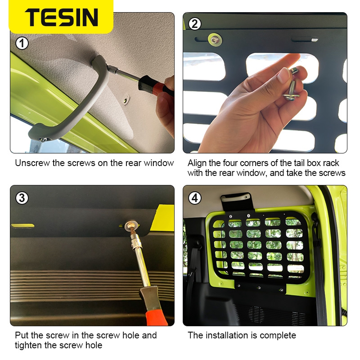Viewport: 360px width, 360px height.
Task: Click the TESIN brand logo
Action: [x=62, y=17]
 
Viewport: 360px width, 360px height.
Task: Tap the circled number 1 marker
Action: [x=22, y=43]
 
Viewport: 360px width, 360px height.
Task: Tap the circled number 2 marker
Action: [x=194, y=24]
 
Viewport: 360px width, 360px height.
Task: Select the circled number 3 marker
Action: [x=22, y=198]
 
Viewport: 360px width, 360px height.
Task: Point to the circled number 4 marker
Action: [x=195, y=198]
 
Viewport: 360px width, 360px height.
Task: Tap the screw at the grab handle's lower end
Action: [x=43, y=139]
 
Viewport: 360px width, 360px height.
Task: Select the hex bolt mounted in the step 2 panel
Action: [x=215, y=40]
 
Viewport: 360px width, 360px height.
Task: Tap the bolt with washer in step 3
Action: [x=131, y=227]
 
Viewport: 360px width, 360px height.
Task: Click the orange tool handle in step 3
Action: [x=154, y=308]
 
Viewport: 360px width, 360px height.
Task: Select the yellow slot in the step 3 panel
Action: [x=22, y=226]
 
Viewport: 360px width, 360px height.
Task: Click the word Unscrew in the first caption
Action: [x=32, y=163]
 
